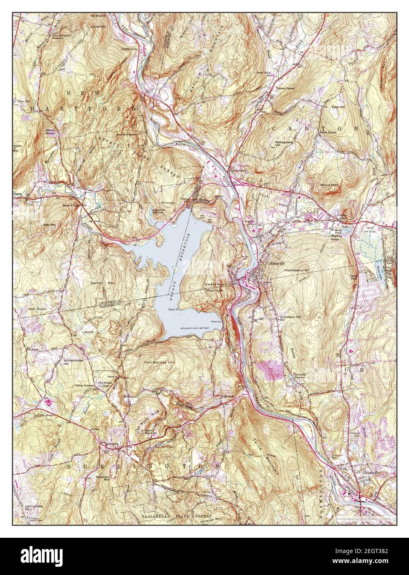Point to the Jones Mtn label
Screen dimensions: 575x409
[x=98, y=26]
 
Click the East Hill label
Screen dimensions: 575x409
[x=338, y=107]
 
